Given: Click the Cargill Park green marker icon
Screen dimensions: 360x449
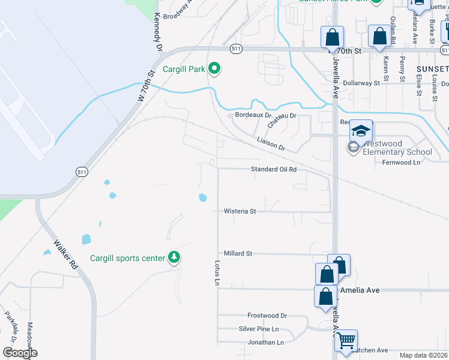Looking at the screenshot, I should [214, 70].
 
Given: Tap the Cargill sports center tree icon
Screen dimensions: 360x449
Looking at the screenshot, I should [175, 258].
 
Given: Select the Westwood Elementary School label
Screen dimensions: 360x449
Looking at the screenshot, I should [397, 148].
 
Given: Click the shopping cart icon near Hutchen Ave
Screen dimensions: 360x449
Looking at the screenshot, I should [346, 340].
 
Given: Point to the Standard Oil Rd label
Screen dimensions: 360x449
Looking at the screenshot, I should [274, 170].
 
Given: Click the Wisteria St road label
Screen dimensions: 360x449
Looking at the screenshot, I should [240, 211].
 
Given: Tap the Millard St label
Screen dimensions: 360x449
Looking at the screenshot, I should [238, 253].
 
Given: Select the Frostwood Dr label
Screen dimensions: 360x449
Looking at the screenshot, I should [267, 315].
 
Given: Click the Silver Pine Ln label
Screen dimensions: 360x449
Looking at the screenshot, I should [259, 329].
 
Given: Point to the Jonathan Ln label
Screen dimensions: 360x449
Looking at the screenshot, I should [265, 343].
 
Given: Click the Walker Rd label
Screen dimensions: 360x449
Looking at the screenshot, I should [66, 254].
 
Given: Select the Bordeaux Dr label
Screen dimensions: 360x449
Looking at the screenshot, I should [253, 115].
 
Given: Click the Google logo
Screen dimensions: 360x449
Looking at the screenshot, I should [20, 353].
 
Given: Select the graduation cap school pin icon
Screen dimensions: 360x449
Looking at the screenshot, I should [361, 131].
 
